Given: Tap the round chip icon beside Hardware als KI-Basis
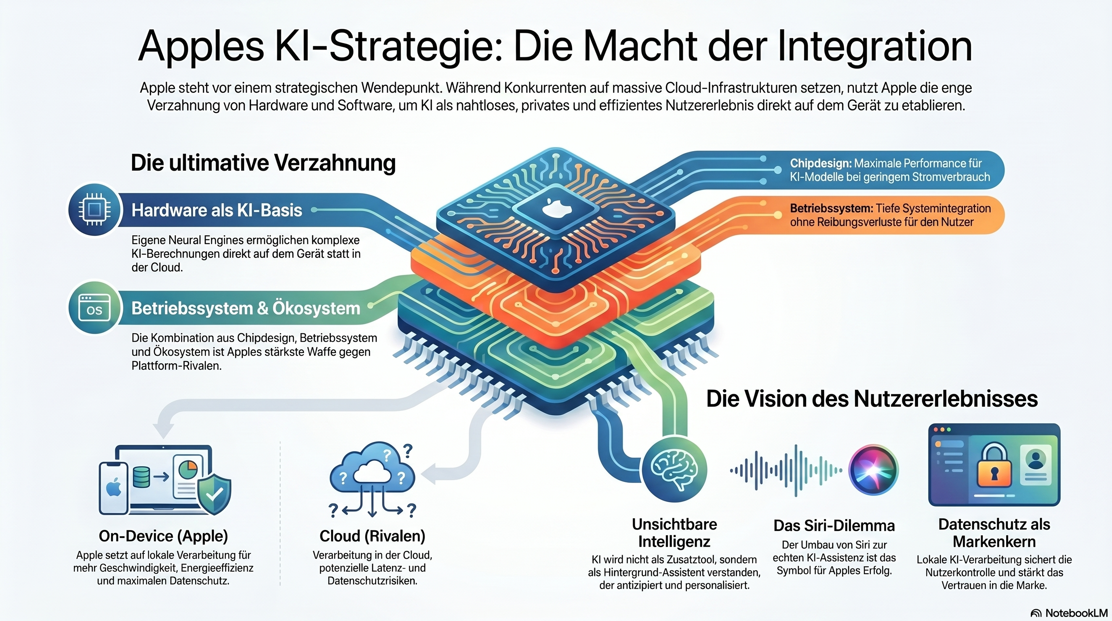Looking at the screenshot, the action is (x=94, y=209).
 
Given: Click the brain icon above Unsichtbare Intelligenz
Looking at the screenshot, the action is (x=674, y=469).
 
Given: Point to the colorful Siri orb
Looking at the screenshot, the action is (x=873, y=469).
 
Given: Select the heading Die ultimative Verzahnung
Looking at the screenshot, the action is (x=263, y=163).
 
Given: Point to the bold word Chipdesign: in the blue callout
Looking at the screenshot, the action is (x=821, y=163).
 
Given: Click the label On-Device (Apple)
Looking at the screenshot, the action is (x=163, y=536).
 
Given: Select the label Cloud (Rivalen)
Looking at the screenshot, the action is (x=372, y=536).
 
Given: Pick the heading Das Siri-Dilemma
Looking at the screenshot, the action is (x=834, y=526).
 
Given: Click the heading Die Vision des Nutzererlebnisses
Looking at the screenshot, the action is (x=872, y=398).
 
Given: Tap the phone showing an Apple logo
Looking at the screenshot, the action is (x=114, y=488).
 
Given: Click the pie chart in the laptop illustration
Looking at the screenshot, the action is (x=188, y=468).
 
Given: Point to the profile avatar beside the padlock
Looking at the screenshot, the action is (x=1035, y=459).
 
